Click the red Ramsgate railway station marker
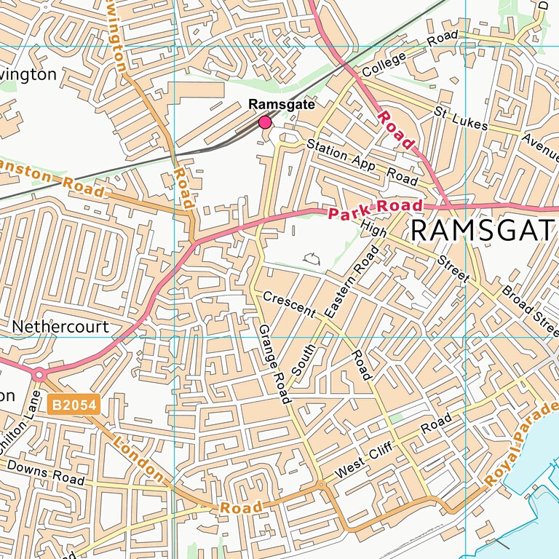pyautogui.click(x=265, y=122)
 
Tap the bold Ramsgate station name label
pyautogui.click(x=282, y=105)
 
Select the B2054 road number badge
pyautogui.click(x=74, y=405)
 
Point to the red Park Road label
pyautogui.click(x=374, y=210)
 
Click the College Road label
pyautogui.click(x=410, y=52)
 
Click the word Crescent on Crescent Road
pyautogui.click(x=289, y=305)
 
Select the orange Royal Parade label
pyautogui.click(x=522, y=443)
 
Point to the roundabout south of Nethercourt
pyautogui.click(x=39, y=375)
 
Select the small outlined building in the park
pyautogui.click(x=312, y=257)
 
